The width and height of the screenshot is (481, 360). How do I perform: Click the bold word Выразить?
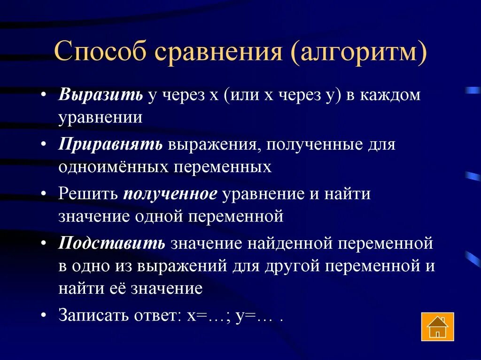101,95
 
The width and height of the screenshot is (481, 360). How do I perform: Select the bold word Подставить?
112,244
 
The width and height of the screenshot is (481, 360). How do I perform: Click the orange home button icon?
437,326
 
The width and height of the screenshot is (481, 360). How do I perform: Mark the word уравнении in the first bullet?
101,117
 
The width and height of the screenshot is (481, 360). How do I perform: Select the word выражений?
183,266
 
